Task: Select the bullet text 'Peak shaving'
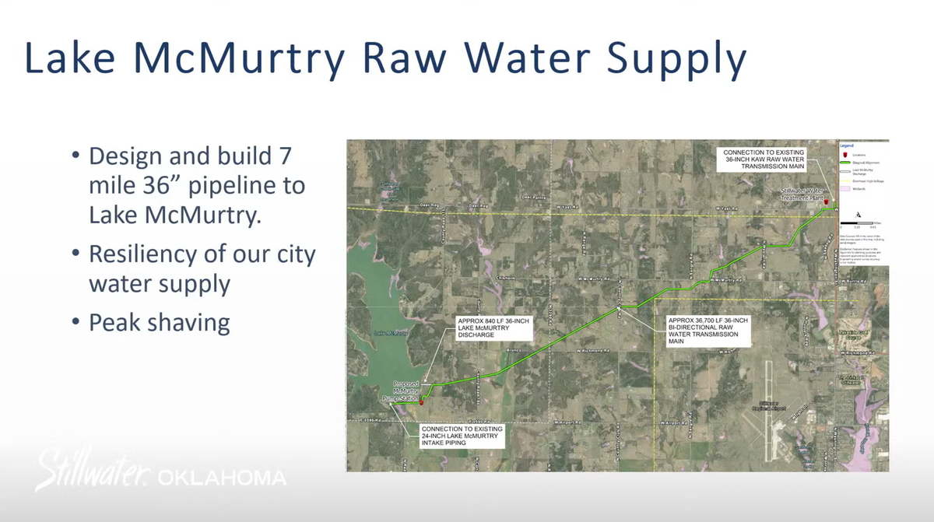(159, 322)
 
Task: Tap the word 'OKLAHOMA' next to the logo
(221, 477)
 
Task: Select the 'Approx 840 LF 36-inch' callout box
(493, 329)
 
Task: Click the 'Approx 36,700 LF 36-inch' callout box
(708, 330)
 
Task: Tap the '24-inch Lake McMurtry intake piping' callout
(462, 436)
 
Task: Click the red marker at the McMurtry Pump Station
(421, 402)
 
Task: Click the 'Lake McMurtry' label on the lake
(391, 333)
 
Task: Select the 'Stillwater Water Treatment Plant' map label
(802, 194)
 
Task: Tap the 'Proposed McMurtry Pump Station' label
(406, 391)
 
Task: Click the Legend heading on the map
(848, 145)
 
